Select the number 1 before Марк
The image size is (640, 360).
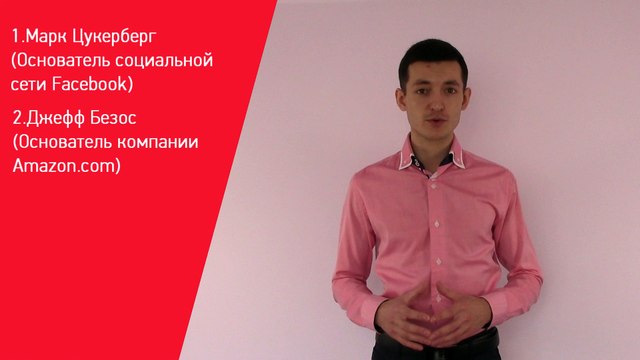click(15, 38)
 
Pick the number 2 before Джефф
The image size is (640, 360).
click(18, 118)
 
